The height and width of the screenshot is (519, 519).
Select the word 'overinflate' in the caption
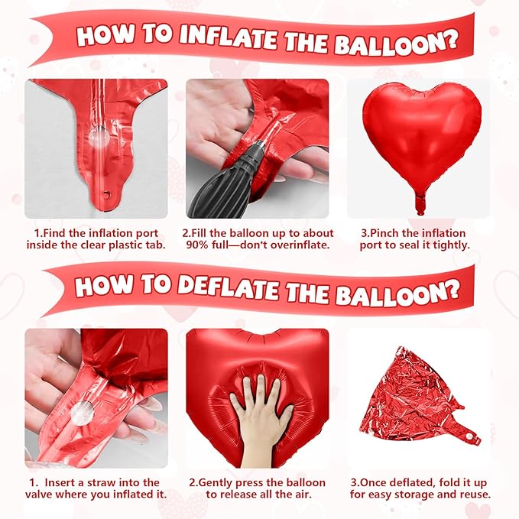300,245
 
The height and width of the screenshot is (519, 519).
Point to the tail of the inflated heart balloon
419,203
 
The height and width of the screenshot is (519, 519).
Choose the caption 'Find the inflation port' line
95,233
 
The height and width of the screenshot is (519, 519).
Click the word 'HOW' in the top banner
104,36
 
